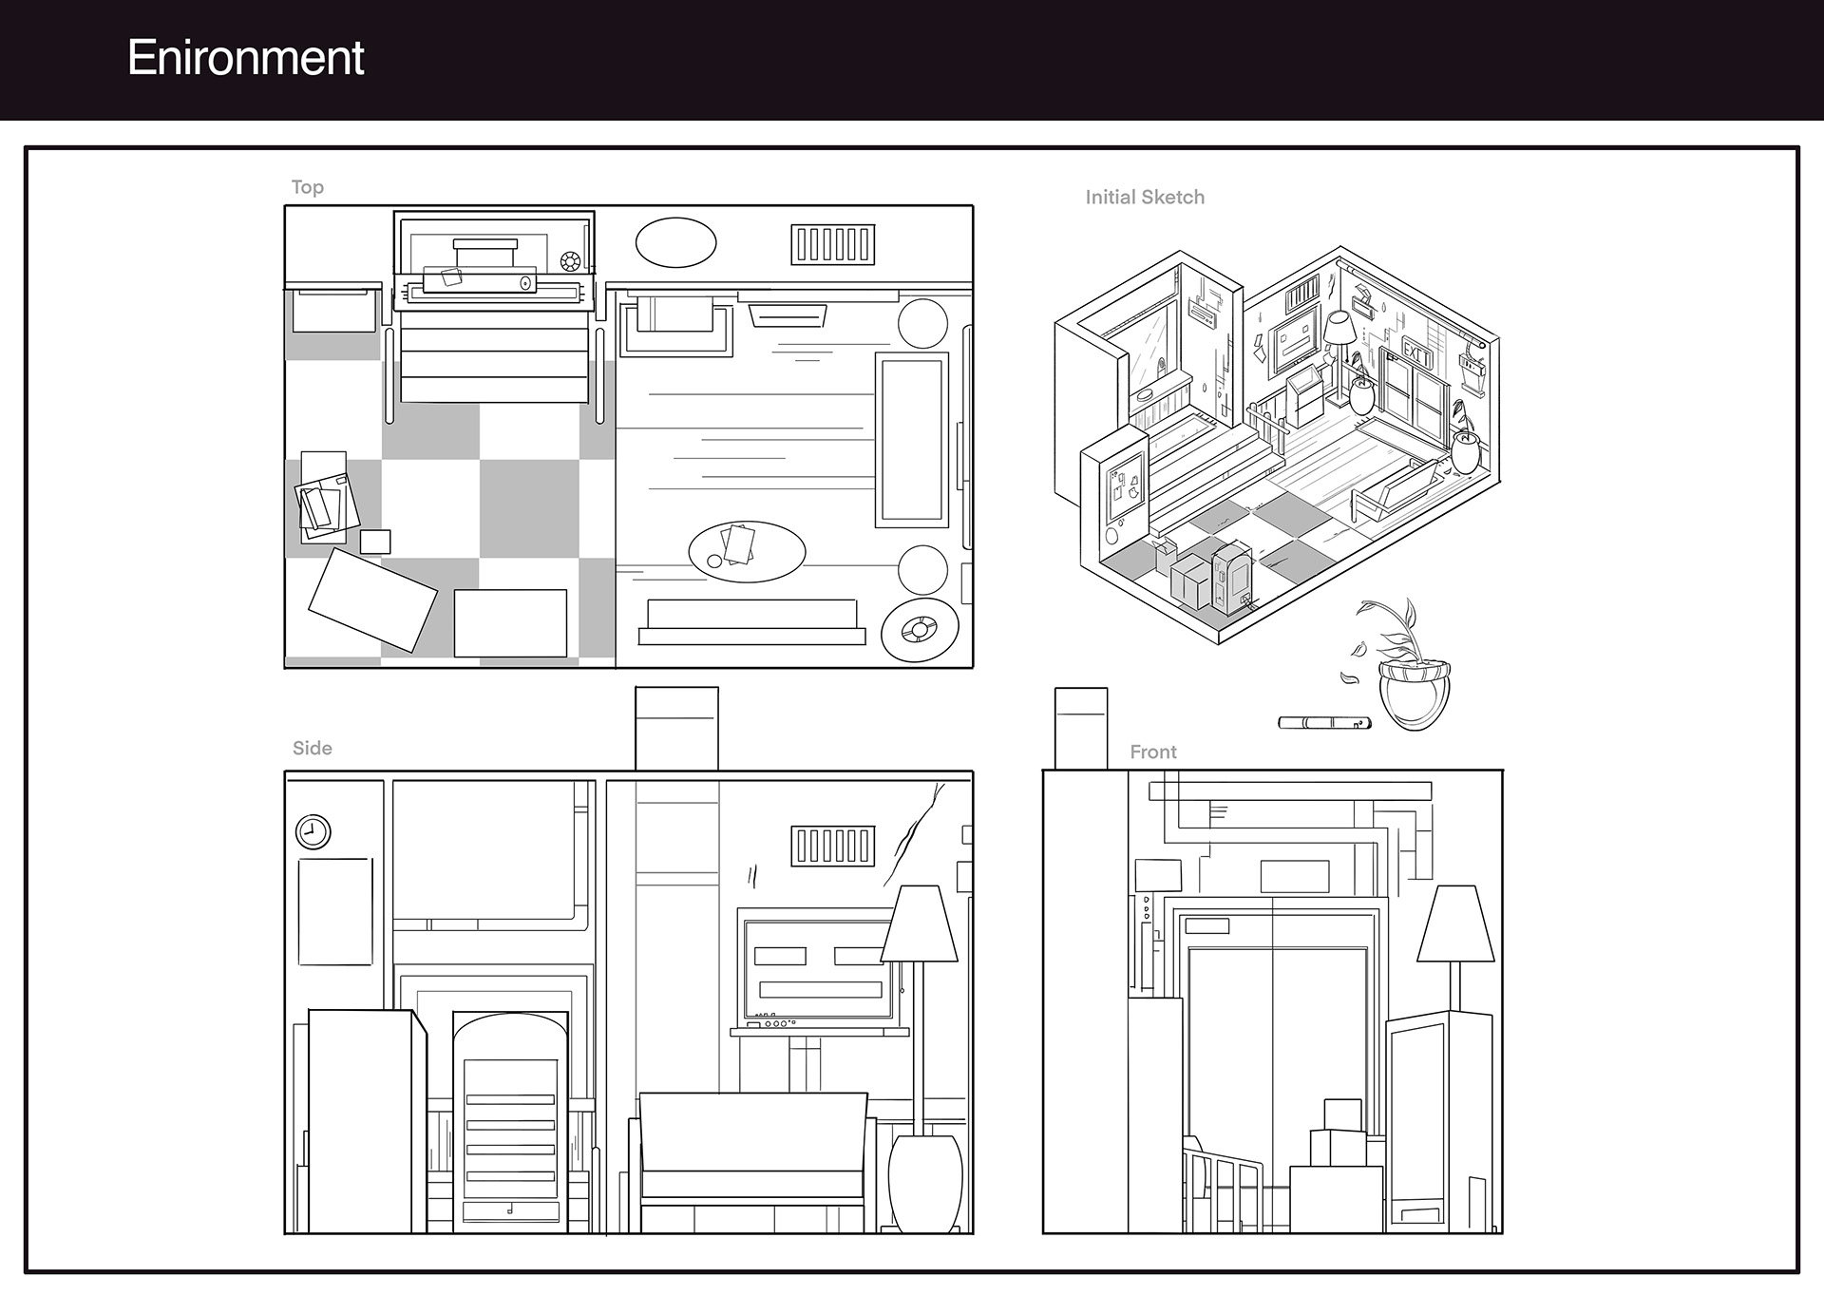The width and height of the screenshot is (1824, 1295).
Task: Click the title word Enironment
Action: pyautogui.click(x=245, y=58)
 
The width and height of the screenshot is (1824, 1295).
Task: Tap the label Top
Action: pyautogui.click(x=307, y=187)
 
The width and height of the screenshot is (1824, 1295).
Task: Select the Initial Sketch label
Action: pyautogui.click(x=1145, y=198)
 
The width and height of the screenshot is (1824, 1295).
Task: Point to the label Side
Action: pyautogui.click(x=312, y=749)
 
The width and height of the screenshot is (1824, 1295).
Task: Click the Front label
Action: pyautogui.click(x=1152, y=752)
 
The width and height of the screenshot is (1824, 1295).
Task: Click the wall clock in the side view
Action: pyautogui.click(x=313, y=832)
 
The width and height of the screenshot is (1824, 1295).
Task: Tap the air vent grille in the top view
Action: pyautogui.click(x=832, y=244)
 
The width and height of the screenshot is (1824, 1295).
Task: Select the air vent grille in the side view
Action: pyautogui.click(x=832, y=846)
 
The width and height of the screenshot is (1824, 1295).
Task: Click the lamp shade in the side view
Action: pyautogui.click(x=919, y=924)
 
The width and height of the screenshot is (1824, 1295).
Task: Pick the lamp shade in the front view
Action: pyautogui.click(x=1449, y=924)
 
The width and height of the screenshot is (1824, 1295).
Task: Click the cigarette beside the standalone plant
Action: pyautogui.click(x=1324, y=723)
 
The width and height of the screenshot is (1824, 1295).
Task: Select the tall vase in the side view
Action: pyautogui.click(x=924, y=1183)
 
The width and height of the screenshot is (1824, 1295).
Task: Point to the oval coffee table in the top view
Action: pyautogui.click(x=747, y=551)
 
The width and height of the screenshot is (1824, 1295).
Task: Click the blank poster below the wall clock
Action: pyautogui.click(x=334, y=911)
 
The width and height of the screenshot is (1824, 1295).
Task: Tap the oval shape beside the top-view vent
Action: pyautogui.click(x=675, y=243)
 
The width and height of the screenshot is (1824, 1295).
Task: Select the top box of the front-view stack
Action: pyautogui.click(x=1342, y=1114)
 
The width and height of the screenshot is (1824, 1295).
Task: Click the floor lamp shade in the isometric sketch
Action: pyautogui.click(x=1339, y=329)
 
